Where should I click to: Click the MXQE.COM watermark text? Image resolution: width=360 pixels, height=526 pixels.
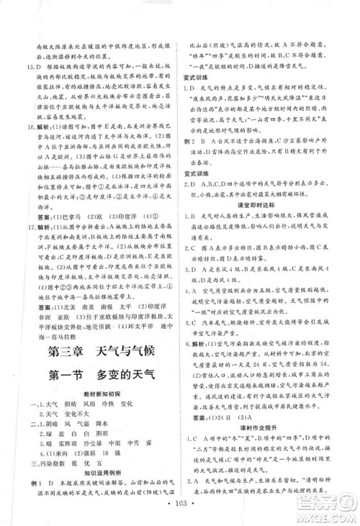(330, 515)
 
